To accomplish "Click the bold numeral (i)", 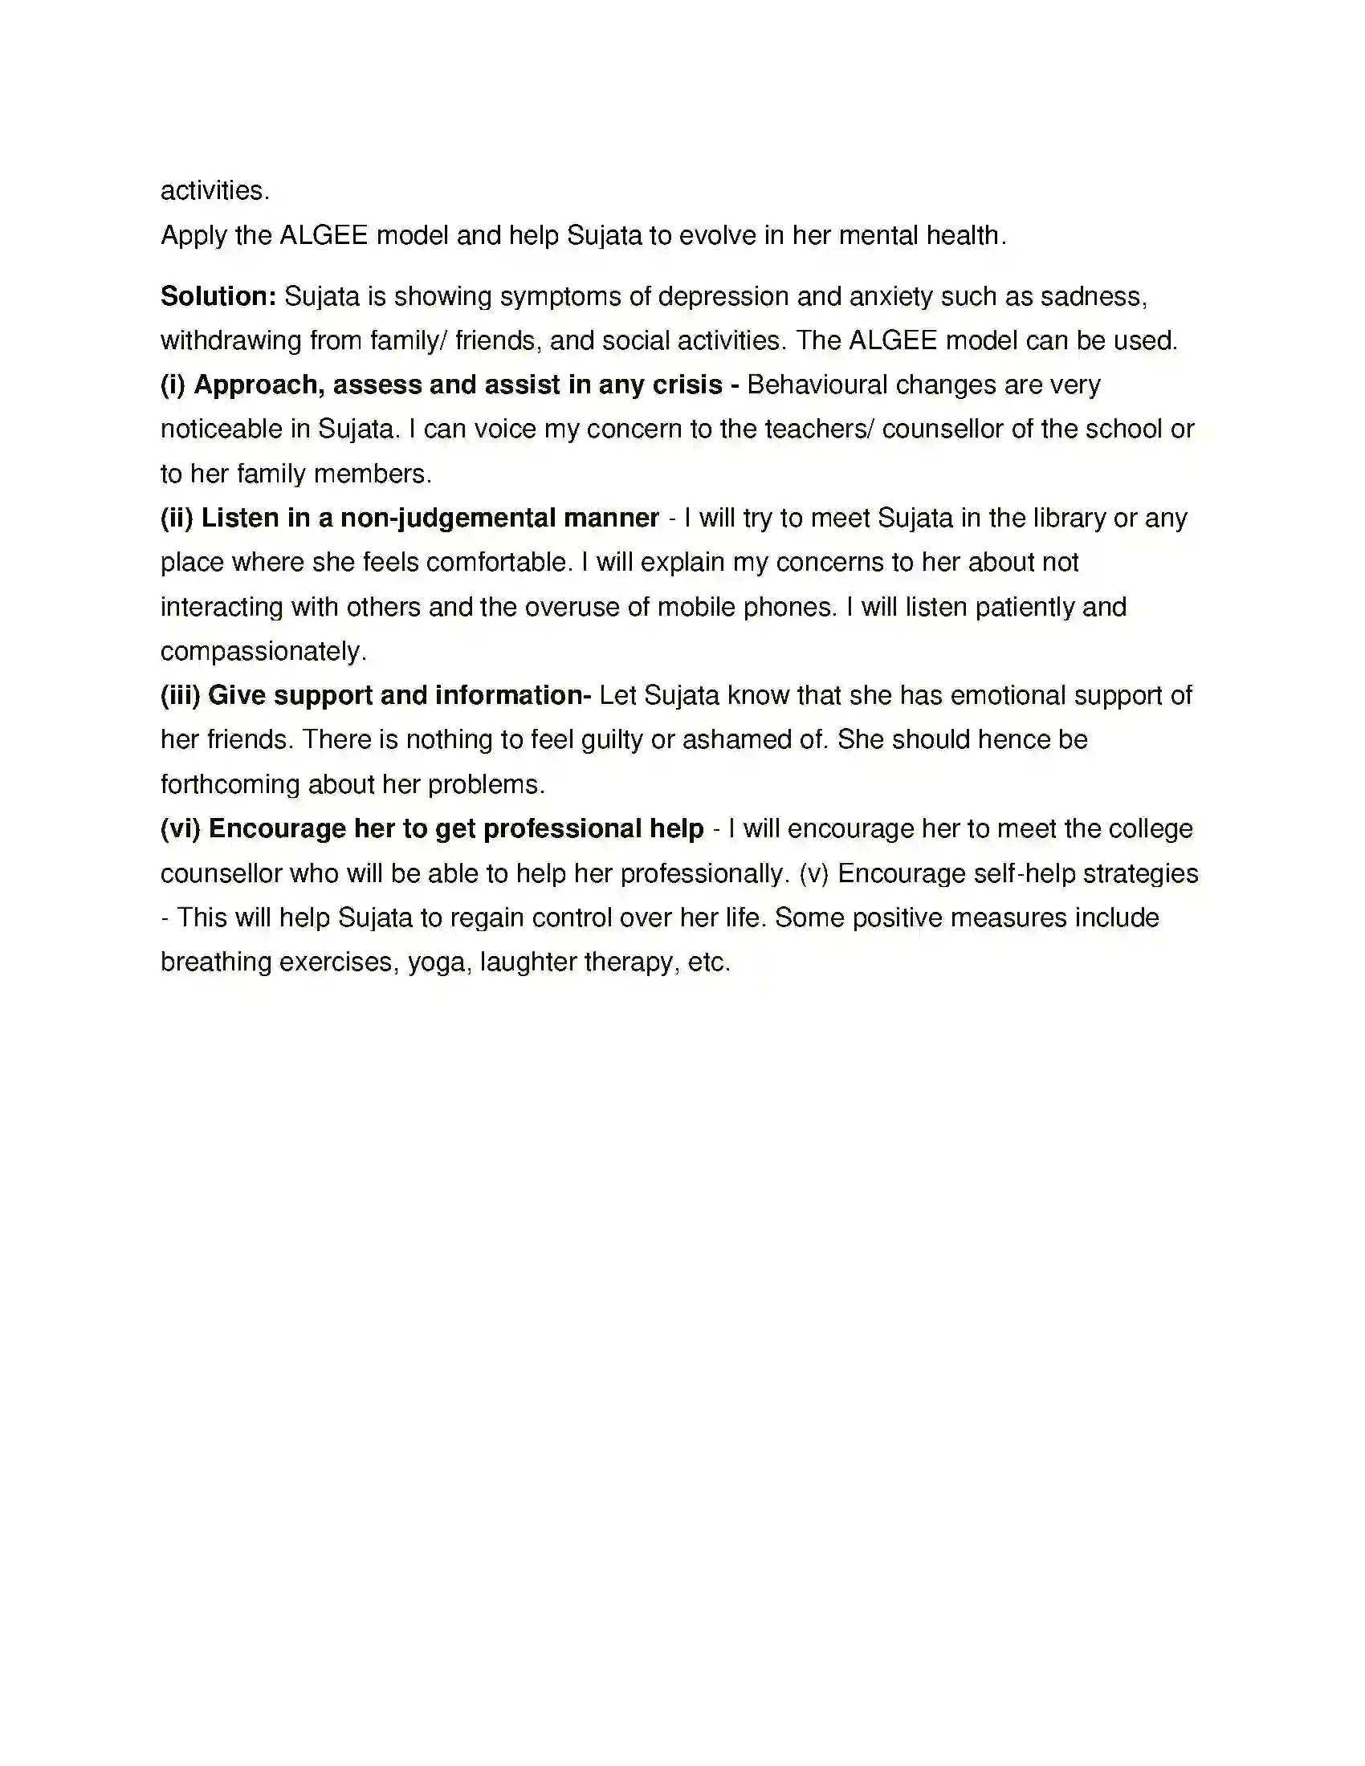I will [x=173, y=385].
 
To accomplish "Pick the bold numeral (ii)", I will [x=177, y=518].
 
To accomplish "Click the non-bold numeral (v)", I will [x=814, y=873].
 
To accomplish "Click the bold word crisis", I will [x=686, y=385].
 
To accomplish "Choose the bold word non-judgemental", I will [x=447, y=518].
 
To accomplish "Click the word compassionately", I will [x=263, y=651].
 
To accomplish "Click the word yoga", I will [x=437, y=962].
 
